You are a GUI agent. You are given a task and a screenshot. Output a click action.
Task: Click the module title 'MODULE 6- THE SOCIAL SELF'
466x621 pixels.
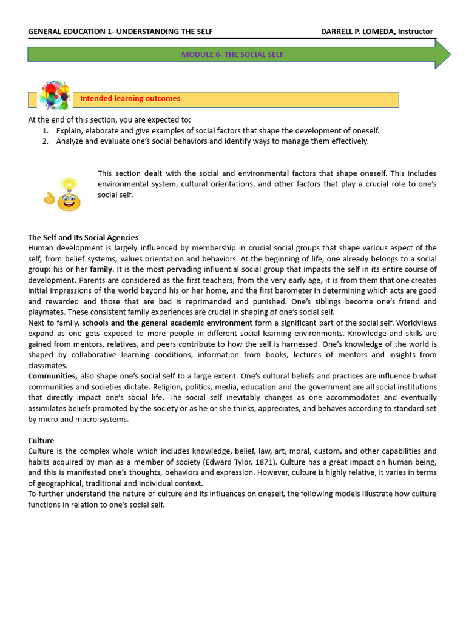(232, 55)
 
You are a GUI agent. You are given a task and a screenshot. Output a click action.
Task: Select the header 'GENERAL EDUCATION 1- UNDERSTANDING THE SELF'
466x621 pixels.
(120, 32)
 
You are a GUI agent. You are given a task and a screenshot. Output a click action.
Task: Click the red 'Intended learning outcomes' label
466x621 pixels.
(130, 98)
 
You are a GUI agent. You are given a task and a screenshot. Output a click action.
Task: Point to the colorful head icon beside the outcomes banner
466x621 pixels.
(54, 95)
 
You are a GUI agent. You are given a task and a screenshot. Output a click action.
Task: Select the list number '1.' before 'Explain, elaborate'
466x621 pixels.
(46, 130)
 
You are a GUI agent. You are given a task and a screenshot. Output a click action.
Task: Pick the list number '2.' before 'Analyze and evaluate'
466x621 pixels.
(46, 141)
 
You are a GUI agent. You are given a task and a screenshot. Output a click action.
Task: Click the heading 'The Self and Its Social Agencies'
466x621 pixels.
(83, 237)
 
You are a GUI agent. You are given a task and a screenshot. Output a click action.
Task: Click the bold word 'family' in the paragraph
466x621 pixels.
(101, 269)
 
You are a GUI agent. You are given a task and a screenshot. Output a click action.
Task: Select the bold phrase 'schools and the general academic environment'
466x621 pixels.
(167, 323)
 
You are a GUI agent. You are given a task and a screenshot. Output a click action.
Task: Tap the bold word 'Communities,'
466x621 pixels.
(53, 376)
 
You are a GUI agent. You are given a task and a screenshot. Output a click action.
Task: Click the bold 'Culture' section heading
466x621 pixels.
(41, 440)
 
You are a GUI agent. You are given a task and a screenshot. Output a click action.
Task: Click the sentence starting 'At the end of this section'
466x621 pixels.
(109, 119)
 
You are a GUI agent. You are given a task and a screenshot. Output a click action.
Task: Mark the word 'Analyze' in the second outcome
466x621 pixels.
(70, 141)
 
